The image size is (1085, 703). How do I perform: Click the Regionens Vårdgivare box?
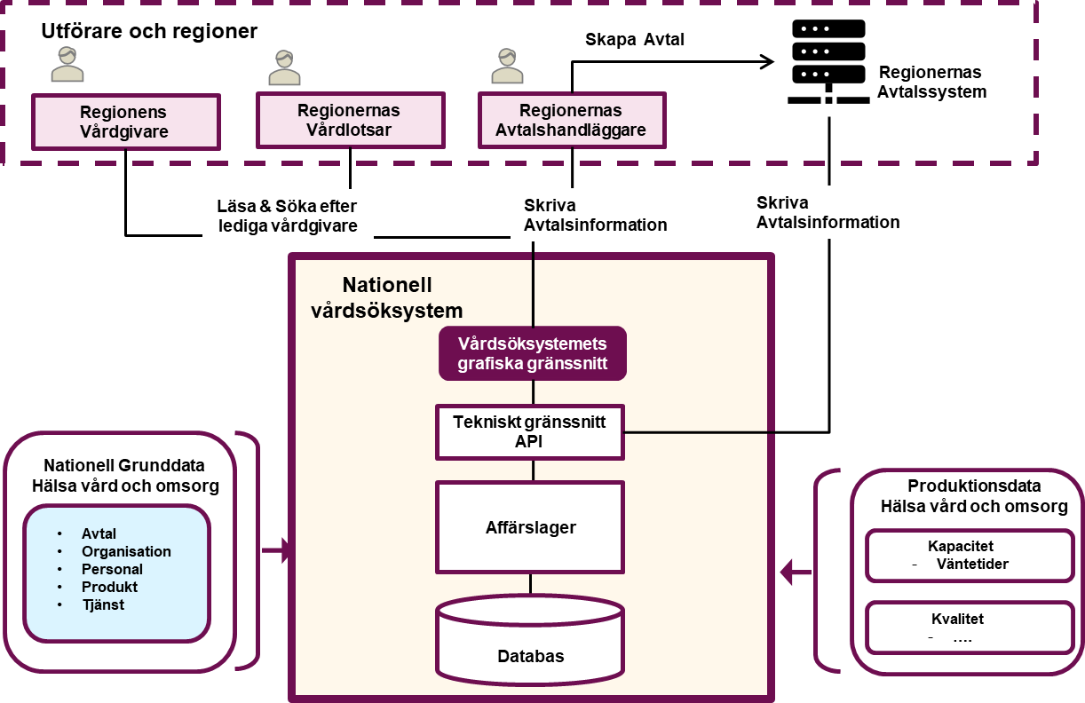pyautogui.click(x=125, y=122)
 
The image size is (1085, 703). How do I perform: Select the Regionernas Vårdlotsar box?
pyautogui.click(x=350, y=121)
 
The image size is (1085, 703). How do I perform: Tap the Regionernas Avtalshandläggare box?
pyautogui.click(x=573, y=121)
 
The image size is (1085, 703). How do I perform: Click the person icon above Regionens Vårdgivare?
pyautogui.click(x=67, y=65)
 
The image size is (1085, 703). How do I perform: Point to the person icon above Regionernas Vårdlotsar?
pyautogui.click(x=285, y=67)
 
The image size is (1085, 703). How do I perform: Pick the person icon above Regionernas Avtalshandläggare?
pyautogui.click(x=508, y=67)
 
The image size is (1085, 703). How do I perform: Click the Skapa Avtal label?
pyautogui.click(x=660, y=40)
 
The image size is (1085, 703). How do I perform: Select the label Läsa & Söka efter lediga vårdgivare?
pyautogui.click(x=288, y=216)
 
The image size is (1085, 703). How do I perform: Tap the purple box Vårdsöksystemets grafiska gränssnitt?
pyautogui.click(x=533, y=353)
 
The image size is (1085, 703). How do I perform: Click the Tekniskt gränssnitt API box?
pyautogui.click(x=530, y=432)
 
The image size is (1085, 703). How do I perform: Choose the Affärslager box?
pyautogui.click(x=530, y=527)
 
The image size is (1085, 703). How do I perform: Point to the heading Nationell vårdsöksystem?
pyautogui.click(x=387, y=298)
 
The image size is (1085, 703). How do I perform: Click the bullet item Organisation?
pyautogui.click(x=126, y=551)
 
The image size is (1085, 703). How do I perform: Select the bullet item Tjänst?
pyautogui.click(x=103, y=604)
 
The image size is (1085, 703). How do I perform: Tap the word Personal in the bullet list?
pyautogui.click(x=112, y=569)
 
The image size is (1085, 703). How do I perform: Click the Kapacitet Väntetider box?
pyautogui.click(x=970, y=556)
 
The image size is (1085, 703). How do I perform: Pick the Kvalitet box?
pyautogui.click(x=970, y=628)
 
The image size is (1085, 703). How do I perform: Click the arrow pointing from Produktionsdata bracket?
pyautogui.click(x=796, y=573)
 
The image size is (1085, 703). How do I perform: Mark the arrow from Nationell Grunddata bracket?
pyautogui.click(x=277, y=551)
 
